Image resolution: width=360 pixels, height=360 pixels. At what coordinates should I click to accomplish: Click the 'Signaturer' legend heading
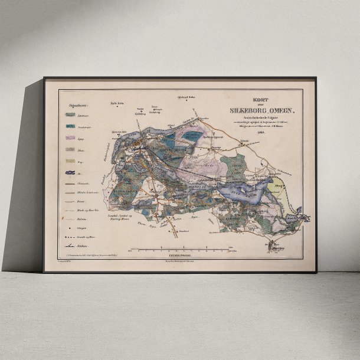tap(81, 106)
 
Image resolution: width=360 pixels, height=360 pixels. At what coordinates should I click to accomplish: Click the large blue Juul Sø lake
tap(245, 191)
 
